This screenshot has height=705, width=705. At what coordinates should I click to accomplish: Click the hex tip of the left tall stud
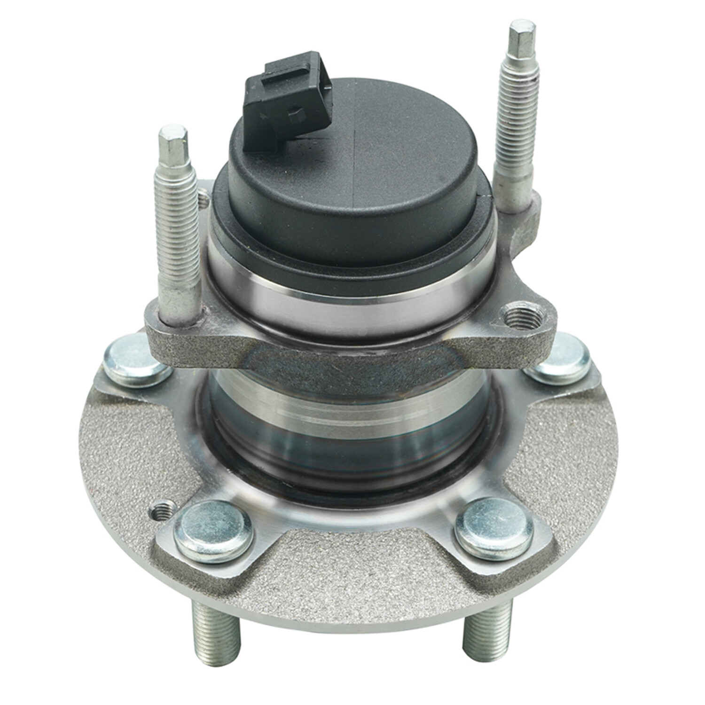tap(173, 141)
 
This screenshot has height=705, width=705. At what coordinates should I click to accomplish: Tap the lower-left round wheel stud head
tap(213, 531)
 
